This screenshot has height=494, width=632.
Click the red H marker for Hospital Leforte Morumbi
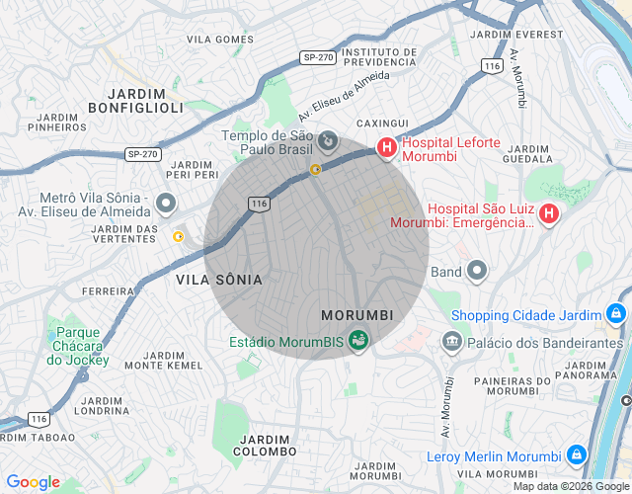(386, 149)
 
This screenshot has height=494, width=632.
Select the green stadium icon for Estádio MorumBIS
(358, 342)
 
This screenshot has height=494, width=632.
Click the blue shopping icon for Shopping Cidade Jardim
(615, 315)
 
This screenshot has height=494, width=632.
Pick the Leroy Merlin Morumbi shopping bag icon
(577, 456)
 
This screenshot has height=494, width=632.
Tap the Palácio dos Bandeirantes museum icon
(452, 342)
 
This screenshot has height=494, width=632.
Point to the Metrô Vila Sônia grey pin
(166, 205)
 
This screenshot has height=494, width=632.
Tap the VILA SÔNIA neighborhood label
(219, 280)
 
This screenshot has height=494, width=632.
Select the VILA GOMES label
(220, 40)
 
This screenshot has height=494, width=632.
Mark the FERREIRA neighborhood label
(108, 291)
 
